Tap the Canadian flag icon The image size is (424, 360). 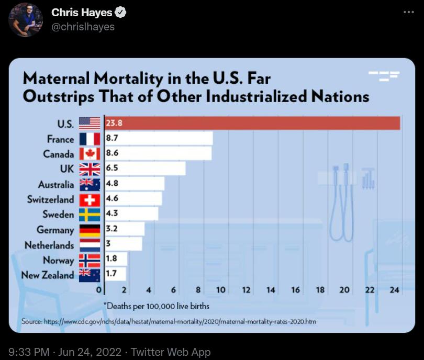click(90, 154)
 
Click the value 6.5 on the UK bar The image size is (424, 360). click(112, 169)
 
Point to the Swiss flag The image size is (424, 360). click(90, 199)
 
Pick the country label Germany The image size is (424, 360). click(55, 230)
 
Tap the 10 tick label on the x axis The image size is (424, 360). click(220, 290)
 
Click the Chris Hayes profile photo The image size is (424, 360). click(26, 20)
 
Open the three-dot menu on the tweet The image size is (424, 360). click(408, 13)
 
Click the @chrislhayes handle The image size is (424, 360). click(83, 27)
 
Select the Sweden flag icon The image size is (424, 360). click(90, 215)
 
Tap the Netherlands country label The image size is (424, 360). click(49, 245)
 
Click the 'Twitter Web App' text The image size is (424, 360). click(171, 352)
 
